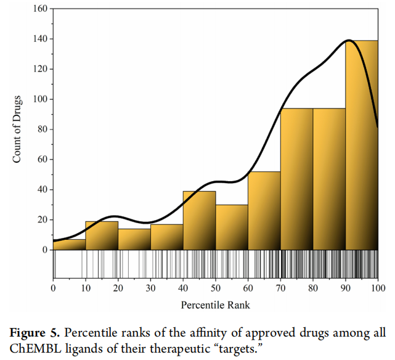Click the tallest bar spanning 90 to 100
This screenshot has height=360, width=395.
[x=362, y=145]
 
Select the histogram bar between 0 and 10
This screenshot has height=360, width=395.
[x=69, y=245]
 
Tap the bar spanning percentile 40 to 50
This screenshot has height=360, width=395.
[x=199, y=221]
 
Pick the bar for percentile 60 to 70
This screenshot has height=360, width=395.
[x=264, y=211]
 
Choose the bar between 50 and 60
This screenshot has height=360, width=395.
[x=232, y=227]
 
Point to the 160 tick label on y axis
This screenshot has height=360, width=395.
[x=40, y=9]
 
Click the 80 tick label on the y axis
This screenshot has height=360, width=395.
[x=43, y=129]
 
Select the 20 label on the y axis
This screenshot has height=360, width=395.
[x=43, y=220]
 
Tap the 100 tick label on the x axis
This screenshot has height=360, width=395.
[x=378, y=288]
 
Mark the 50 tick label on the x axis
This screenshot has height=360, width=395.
[x=216, y=288]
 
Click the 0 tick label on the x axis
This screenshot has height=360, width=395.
[x=53, y=288]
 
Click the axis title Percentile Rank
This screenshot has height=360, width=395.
[x=215, y=305]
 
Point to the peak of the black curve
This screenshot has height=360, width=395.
[x=349, y=41]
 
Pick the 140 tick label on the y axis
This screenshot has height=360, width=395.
[x=40, y=39]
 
